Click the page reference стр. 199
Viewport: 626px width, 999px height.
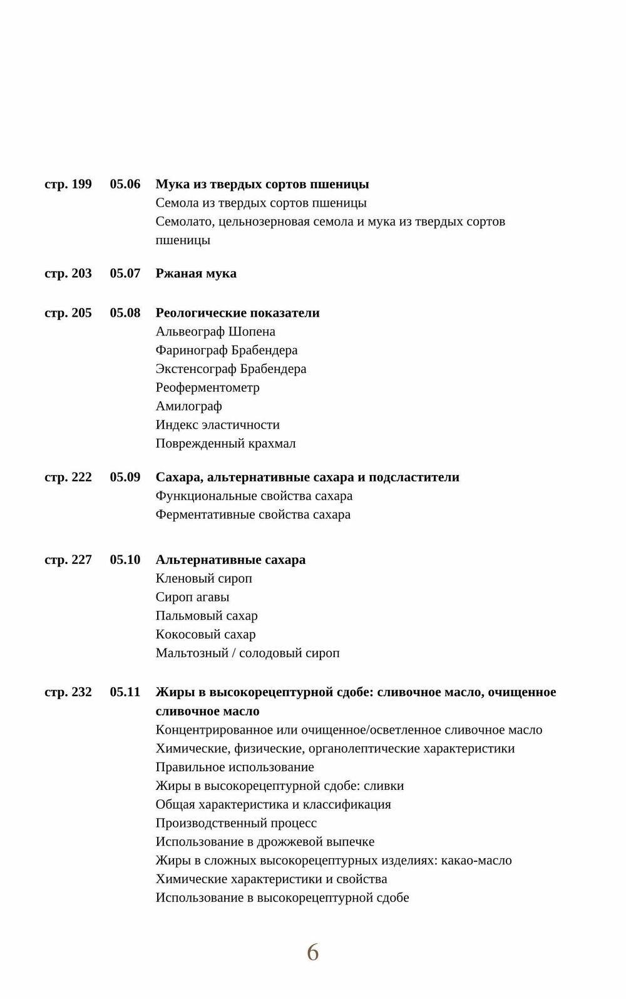[x=68, y=184]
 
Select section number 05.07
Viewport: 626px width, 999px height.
[x=125, y=274]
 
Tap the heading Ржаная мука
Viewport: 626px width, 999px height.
[x=196, y=274]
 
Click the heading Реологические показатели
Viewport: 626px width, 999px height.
[x=237, y=313]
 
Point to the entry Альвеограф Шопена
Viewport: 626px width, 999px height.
[x=215, y=332]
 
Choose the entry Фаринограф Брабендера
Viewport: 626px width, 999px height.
[x=227, y=351]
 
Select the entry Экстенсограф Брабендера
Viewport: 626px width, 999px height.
[x=231, y=369]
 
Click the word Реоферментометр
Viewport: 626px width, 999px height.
[x=207, y=387]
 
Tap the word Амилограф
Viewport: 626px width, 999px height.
[x=188, y=406]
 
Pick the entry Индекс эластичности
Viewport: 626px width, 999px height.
[x=217, y=425]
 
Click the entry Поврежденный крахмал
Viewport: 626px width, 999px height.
[x=225, y=444]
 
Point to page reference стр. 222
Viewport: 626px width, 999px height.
[x=68, y=477]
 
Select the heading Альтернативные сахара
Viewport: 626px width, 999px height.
[x=230, y=560]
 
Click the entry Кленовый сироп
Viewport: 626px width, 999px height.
[x=203, y=578]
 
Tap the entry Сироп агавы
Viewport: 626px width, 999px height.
[x=192, y=597]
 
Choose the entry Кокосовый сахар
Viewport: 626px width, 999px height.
[x=205, y=635]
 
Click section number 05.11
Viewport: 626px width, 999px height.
[x=125, y=692]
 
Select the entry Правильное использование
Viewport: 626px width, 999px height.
[x=235, y=767]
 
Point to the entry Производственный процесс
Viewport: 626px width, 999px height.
[x=236, y=823]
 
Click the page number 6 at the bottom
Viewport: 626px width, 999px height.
[x=312, y=953]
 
